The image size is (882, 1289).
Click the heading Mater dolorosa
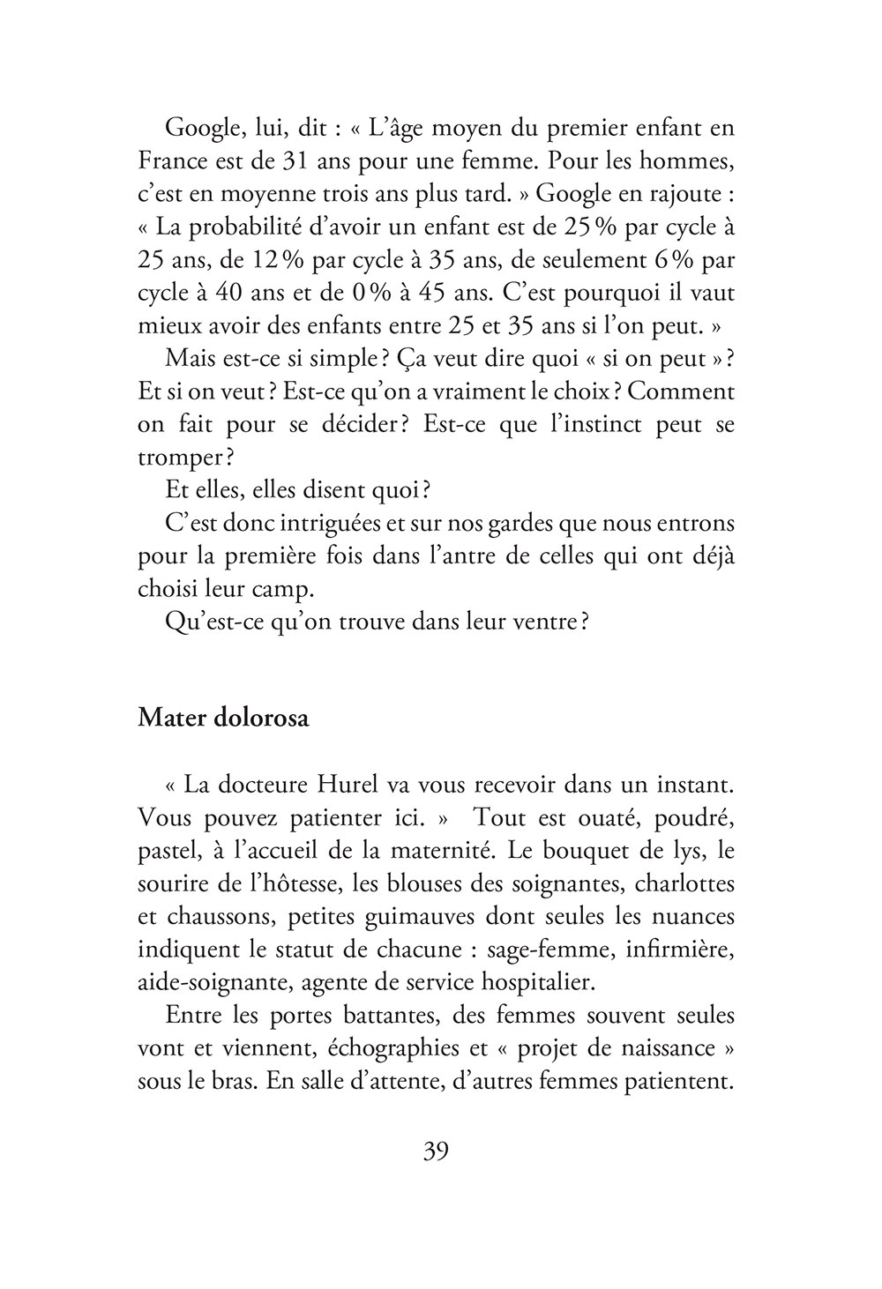click(x=223, y=718)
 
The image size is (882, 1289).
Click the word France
click(x=173, y=162)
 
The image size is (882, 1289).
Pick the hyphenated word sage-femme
click(x=519, y=948)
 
